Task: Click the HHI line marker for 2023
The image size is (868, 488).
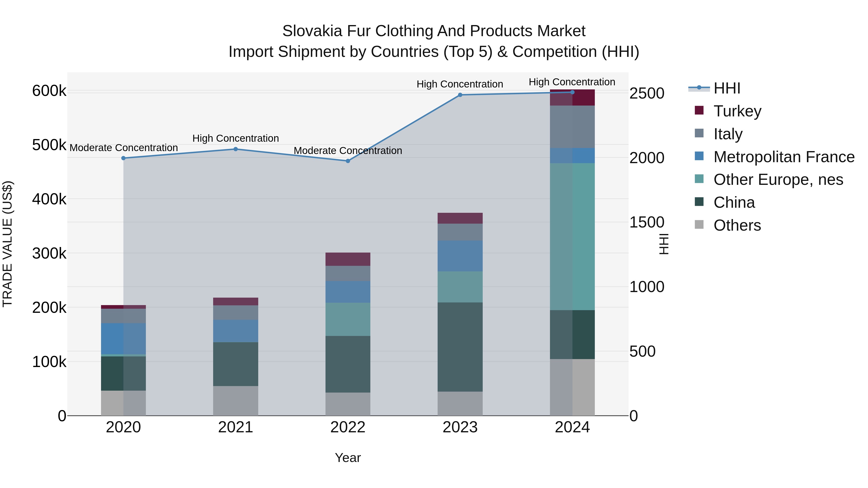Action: click(460, 95)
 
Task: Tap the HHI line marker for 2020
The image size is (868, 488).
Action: click(123, 158)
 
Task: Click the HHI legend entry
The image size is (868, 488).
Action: click(726, 88)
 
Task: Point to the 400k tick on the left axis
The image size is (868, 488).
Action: click(49, 199)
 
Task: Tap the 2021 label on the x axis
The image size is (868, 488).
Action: click(236, 427)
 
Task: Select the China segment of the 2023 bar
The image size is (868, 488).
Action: click(460, 347)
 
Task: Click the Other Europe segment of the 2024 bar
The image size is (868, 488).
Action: click(572, 236)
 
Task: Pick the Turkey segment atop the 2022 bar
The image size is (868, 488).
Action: click(348, 259)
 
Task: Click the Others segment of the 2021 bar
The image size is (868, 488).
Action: click(236, 401)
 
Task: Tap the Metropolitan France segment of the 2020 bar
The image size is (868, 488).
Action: click(123, 339)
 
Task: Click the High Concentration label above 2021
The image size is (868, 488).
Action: click(236, 138)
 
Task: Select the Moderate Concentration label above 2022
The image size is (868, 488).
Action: click(348, 151)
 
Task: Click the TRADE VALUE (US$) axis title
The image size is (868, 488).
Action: click(7, 244)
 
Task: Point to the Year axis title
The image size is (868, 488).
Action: click(348, 458)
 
